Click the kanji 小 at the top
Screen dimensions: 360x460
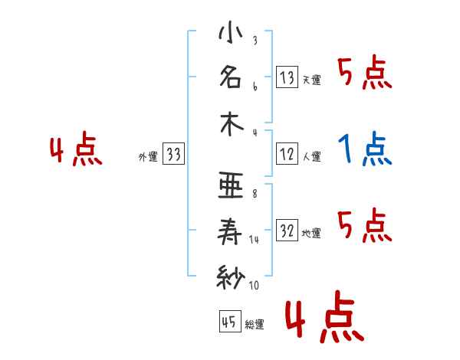(x=230, y=34)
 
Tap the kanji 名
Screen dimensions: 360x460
(x=230, y=77)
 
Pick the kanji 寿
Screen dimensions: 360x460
(x=230, y=231)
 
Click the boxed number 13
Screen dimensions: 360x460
(x=287, y=77)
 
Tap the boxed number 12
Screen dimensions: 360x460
(x=287, y=154)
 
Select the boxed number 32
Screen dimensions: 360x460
(x=287, y=231)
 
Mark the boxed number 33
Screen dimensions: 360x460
(x=174, y=154)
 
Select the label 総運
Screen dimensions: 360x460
(x=254, y=324)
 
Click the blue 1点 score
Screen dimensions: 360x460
(x=365, y=149)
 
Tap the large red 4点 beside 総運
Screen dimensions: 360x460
(x=323, y=320)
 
